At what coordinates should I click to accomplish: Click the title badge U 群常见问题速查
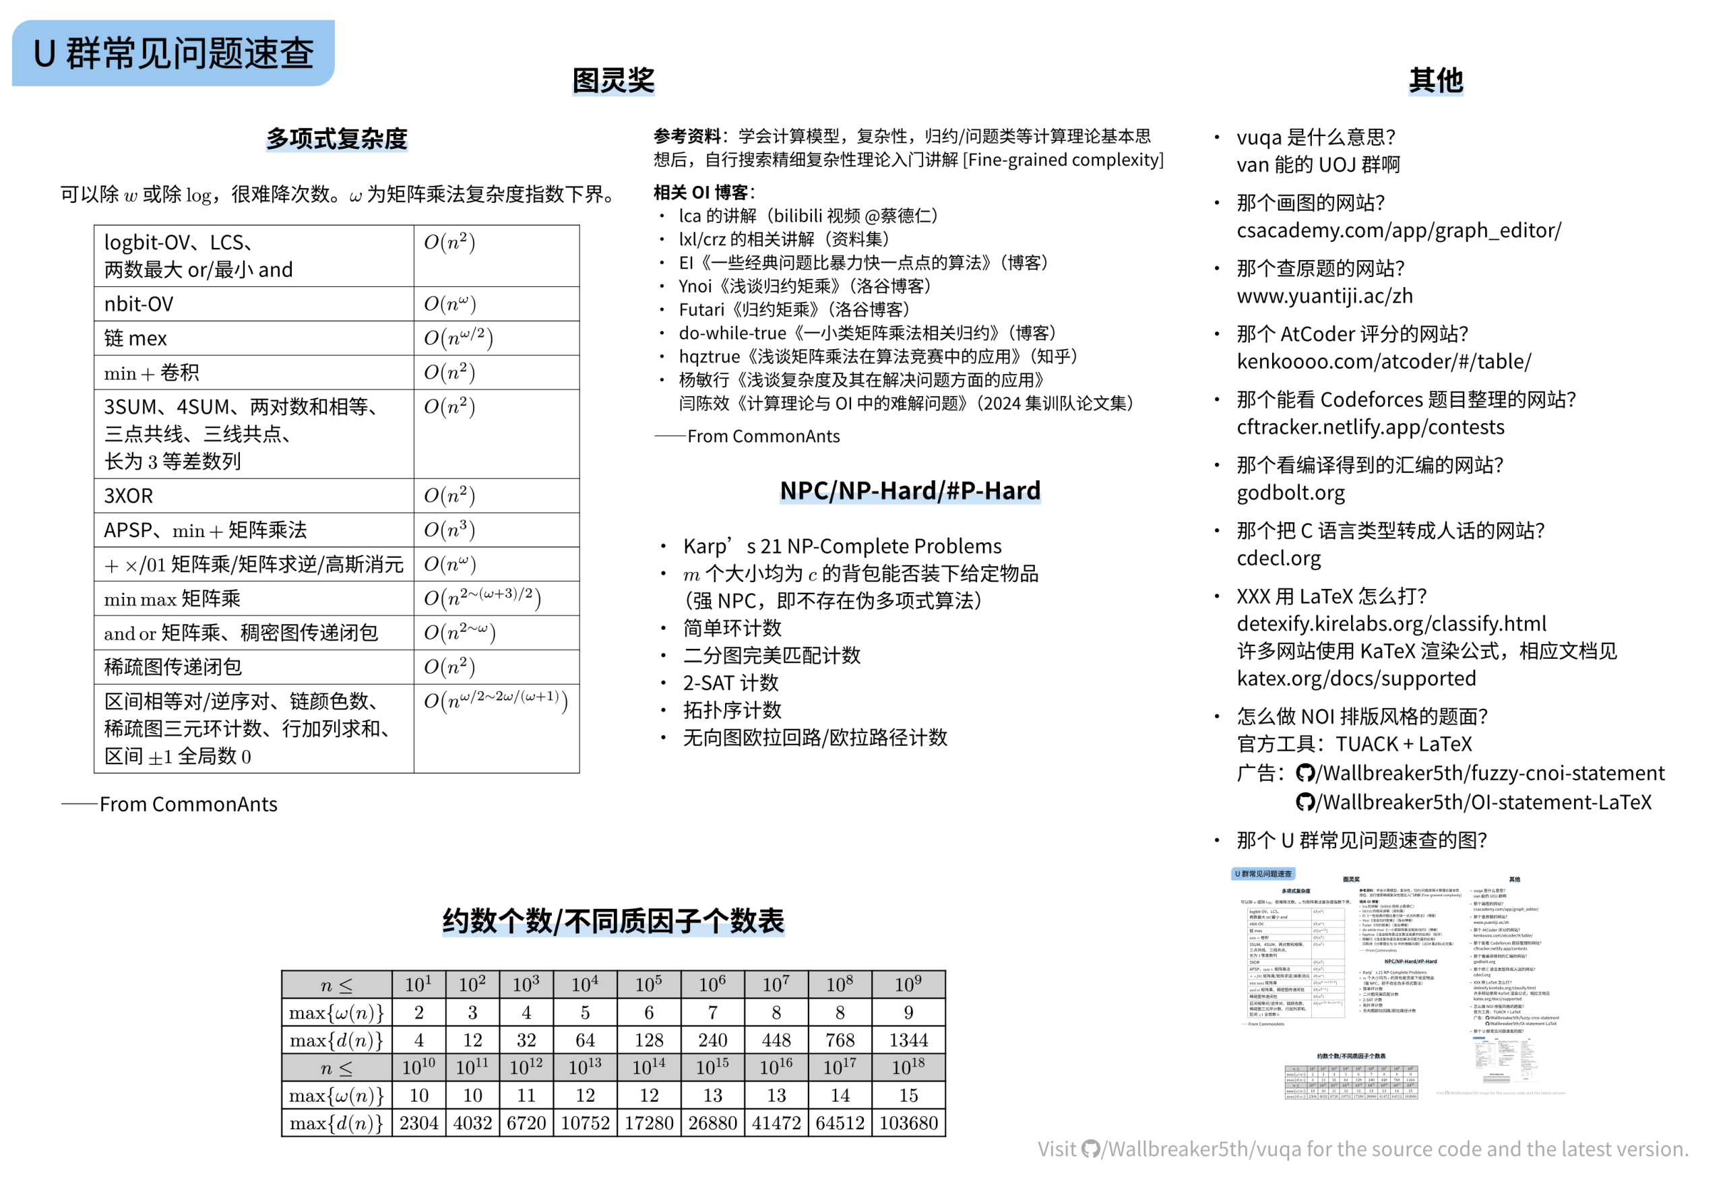click(173, 53)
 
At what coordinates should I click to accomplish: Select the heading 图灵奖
click(613, 80)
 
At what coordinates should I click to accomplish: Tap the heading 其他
click(1435, 80)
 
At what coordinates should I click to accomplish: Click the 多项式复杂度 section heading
click(336, 139)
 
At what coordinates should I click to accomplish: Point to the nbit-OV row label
click(139, 305)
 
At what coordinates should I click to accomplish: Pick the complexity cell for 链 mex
click(458, 338)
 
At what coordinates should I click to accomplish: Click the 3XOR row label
click(129, 495)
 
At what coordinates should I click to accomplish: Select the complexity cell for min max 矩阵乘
click(482, 598)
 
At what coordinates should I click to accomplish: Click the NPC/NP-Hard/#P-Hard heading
click(910, 491)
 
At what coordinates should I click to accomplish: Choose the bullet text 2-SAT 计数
click(730, 683)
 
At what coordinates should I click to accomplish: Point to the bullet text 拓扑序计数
click(732, 710)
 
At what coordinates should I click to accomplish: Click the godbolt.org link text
click(1290, 493)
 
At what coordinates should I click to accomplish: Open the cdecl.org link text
click(1278, 559)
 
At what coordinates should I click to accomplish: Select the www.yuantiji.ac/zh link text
click(1324, 296)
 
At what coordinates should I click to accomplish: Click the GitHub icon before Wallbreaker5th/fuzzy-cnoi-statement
click(1305, 774)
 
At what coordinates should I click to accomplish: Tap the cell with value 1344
click(908, 1040)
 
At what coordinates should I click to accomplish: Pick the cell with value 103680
click(908, 1123)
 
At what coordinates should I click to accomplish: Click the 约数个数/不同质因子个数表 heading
click(613, 921)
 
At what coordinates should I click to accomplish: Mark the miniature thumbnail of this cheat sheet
click(1399, 984)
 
